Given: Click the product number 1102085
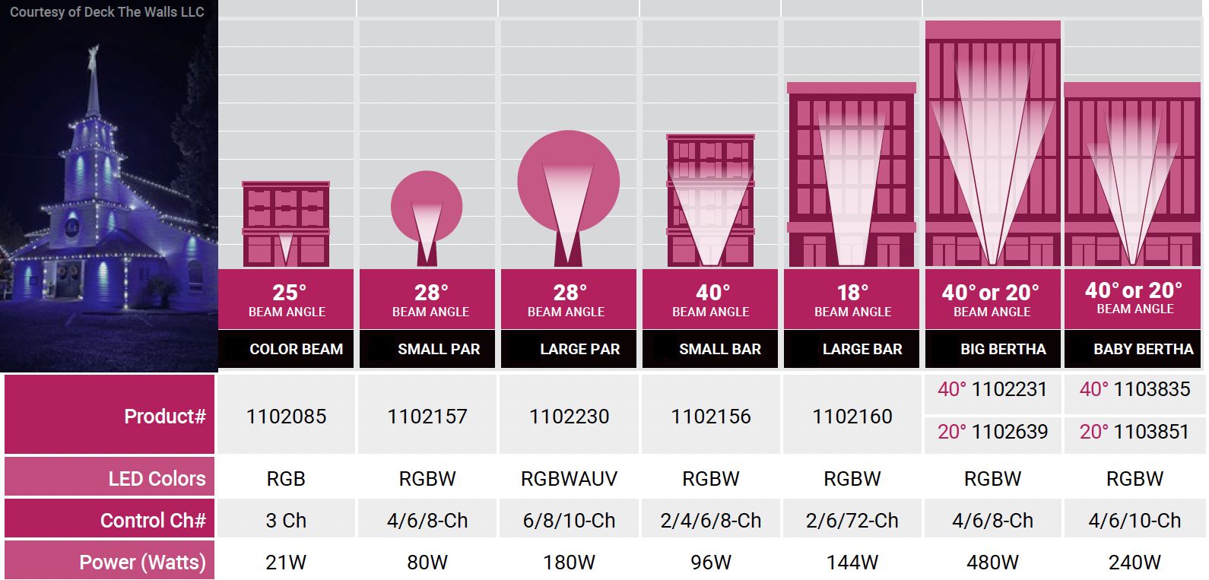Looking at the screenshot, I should (286, 417).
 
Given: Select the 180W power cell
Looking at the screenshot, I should (569, 563).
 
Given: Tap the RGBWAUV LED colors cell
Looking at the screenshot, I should (569, 479).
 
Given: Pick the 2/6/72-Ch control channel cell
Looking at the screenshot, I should (852, 521).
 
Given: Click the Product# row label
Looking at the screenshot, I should (164, 417).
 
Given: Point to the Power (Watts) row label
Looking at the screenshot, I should (142, 563).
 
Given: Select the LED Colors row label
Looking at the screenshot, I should (157, 479).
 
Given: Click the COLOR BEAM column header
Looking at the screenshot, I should (296, 349).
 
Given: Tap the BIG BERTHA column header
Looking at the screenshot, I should (1003, 349).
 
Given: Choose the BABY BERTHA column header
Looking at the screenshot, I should (1143, 349).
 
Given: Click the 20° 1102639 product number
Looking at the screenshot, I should (992, 432).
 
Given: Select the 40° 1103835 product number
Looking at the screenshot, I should (1134, 389).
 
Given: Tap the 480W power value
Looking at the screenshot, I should (992, 563).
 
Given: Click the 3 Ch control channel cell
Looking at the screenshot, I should (286, 521).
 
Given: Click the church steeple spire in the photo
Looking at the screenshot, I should (94, 84).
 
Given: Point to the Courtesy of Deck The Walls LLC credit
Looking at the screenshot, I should (107, 12).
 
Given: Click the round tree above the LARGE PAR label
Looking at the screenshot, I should (568, 181).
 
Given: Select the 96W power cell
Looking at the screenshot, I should (710, 563).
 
